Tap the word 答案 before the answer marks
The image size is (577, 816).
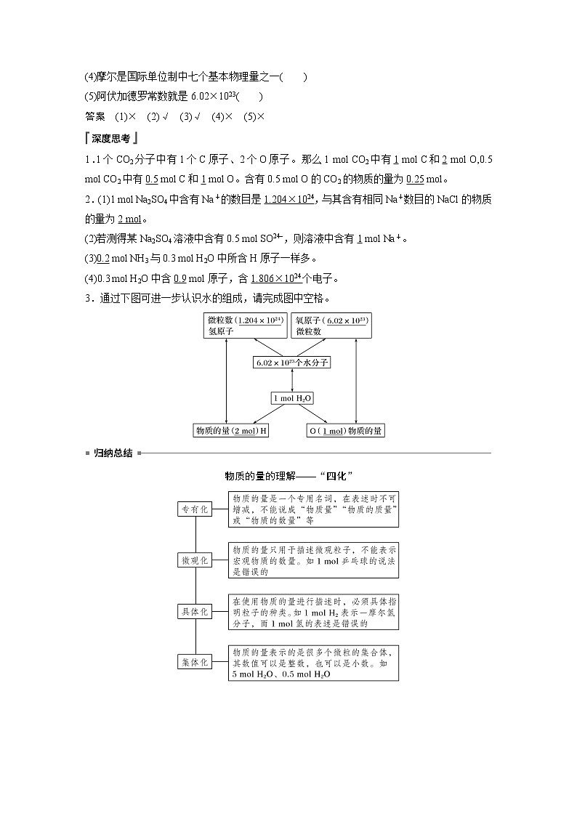pos(94,116)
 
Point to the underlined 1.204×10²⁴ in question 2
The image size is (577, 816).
pos(291,199)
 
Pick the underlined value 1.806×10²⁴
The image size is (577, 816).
pos(273,278)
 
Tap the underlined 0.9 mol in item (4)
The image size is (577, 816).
pos(179,278)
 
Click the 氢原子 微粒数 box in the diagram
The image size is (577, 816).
pos(244,326)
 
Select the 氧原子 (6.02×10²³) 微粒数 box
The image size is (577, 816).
pos(331,326)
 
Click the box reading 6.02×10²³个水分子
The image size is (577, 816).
pos(292,362)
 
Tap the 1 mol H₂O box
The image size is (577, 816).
pos(292,398)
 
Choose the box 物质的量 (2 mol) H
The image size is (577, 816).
pos(230,431)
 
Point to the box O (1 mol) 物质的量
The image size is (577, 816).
pos(346,431)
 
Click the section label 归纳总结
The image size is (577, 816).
pos(113,453)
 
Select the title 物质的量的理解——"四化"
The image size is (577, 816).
pos(288,477)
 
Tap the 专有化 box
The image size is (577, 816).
pos(195,509)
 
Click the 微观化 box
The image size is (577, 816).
pos(195,560)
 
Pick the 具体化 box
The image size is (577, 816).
pos(195,611)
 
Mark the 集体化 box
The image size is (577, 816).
pos(195,662)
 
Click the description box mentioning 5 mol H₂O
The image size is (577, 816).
pos(314,663)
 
